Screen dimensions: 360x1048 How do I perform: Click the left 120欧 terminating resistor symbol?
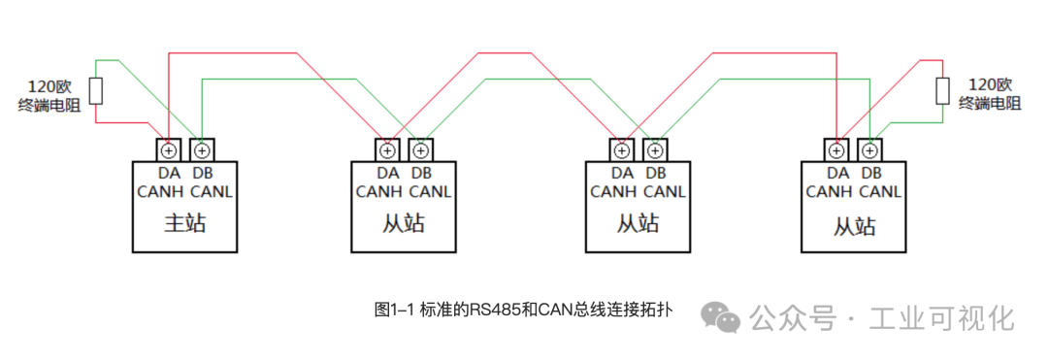(96, 90)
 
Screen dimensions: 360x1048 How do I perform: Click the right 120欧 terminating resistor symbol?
(942, 90)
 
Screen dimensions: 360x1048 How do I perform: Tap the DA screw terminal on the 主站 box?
(169, 150)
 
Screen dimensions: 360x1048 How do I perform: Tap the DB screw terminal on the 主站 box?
(201, 150)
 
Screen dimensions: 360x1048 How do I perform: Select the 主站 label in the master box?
(184, 224)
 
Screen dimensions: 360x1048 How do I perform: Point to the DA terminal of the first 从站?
(387, 150)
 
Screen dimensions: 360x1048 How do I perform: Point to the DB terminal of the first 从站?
(420, 150)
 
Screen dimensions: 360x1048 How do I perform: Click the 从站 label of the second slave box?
(639, 224)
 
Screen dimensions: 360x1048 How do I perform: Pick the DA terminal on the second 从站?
(622, 150)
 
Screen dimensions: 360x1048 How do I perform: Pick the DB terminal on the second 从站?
(655, 150)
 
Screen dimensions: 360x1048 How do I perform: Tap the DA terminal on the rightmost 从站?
(836, 150)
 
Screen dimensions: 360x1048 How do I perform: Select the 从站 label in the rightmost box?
(854, 226)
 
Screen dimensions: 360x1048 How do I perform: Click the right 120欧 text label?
(990, 83)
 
